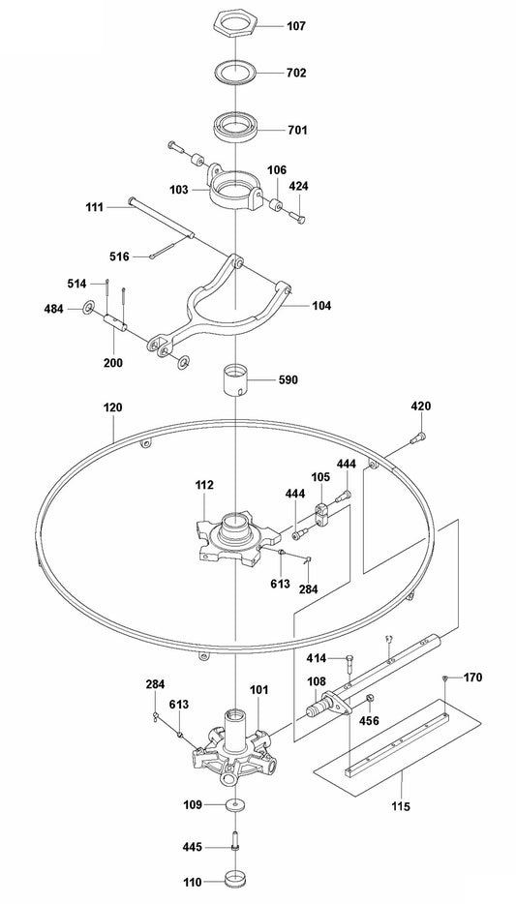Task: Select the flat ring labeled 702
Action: pos(235,72)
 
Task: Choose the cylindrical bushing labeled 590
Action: pos(235,379)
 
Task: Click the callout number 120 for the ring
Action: pos(113,408)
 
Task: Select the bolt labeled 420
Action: pos(418,440)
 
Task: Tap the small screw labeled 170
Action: pos(443,678)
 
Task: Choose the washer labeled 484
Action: pos(88,308)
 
